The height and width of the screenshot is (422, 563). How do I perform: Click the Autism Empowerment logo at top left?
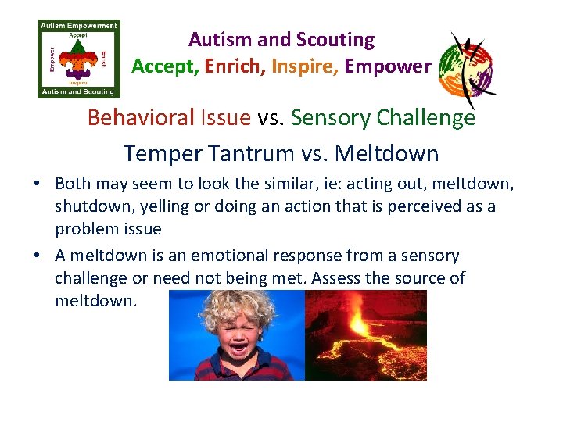[x=79, y=59]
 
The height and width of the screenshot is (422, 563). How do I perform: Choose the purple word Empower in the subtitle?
[x=387, y=66]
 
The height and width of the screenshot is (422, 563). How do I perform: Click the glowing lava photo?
[x=365, y=335]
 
